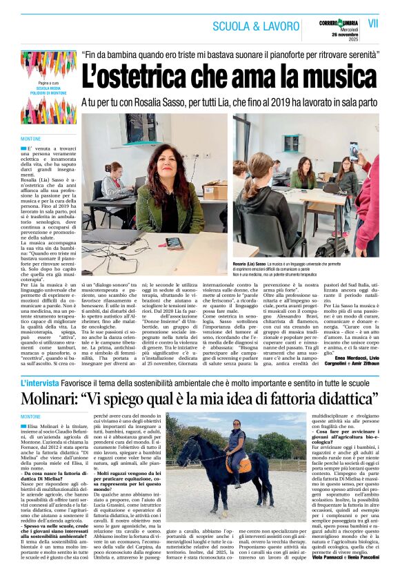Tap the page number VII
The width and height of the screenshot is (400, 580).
click(373, 23)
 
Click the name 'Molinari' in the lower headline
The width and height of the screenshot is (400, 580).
click(49, 399)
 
